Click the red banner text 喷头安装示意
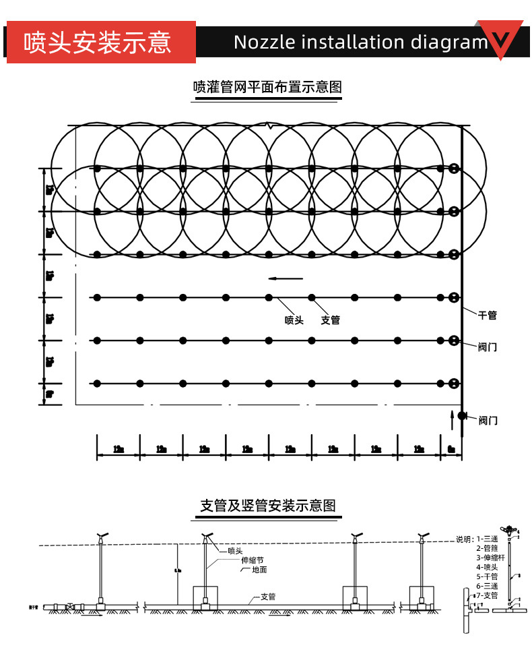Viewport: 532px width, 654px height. point(98,42)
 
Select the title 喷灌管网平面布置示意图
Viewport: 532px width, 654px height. point(267,87)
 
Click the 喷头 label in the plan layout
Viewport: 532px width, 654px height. point(294,320)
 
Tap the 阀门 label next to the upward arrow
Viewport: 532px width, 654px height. point(488,421)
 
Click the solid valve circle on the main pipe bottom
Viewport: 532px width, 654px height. point(462,415)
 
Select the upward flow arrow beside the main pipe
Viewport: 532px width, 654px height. point(451,418)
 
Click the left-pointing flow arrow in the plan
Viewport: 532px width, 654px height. point(286,278)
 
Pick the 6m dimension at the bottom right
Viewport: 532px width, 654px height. point(451,449)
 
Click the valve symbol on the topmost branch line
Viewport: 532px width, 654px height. point(455,169)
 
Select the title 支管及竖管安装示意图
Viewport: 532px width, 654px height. point(267,506)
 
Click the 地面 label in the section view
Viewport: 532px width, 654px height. point(259,570)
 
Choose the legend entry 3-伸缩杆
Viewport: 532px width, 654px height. point(486,558)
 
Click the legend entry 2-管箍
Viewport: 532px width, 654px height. point(486,549)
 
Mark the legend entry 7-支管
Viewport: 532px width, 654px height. point(486,596)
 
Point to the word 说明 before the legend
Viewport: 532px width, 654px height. point(463,539)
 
